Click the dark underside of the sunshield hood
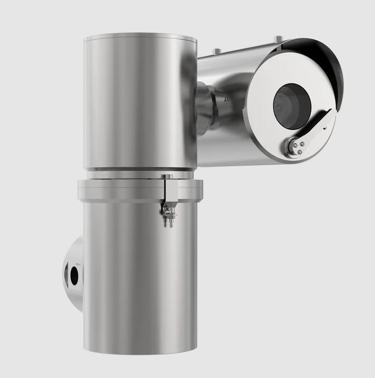pos(324,60)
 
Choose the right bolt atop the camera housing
pos(279,38)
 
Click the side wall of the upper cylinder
pos(137,104)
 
